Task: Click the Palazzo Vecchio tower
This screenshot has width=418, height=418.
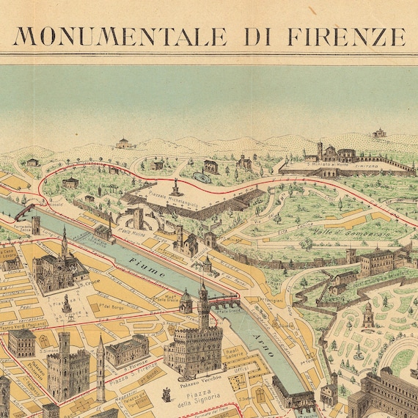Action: tap(203, 301)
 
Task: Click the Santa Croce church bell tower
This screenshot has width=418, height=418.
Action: tap(65, 246)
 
